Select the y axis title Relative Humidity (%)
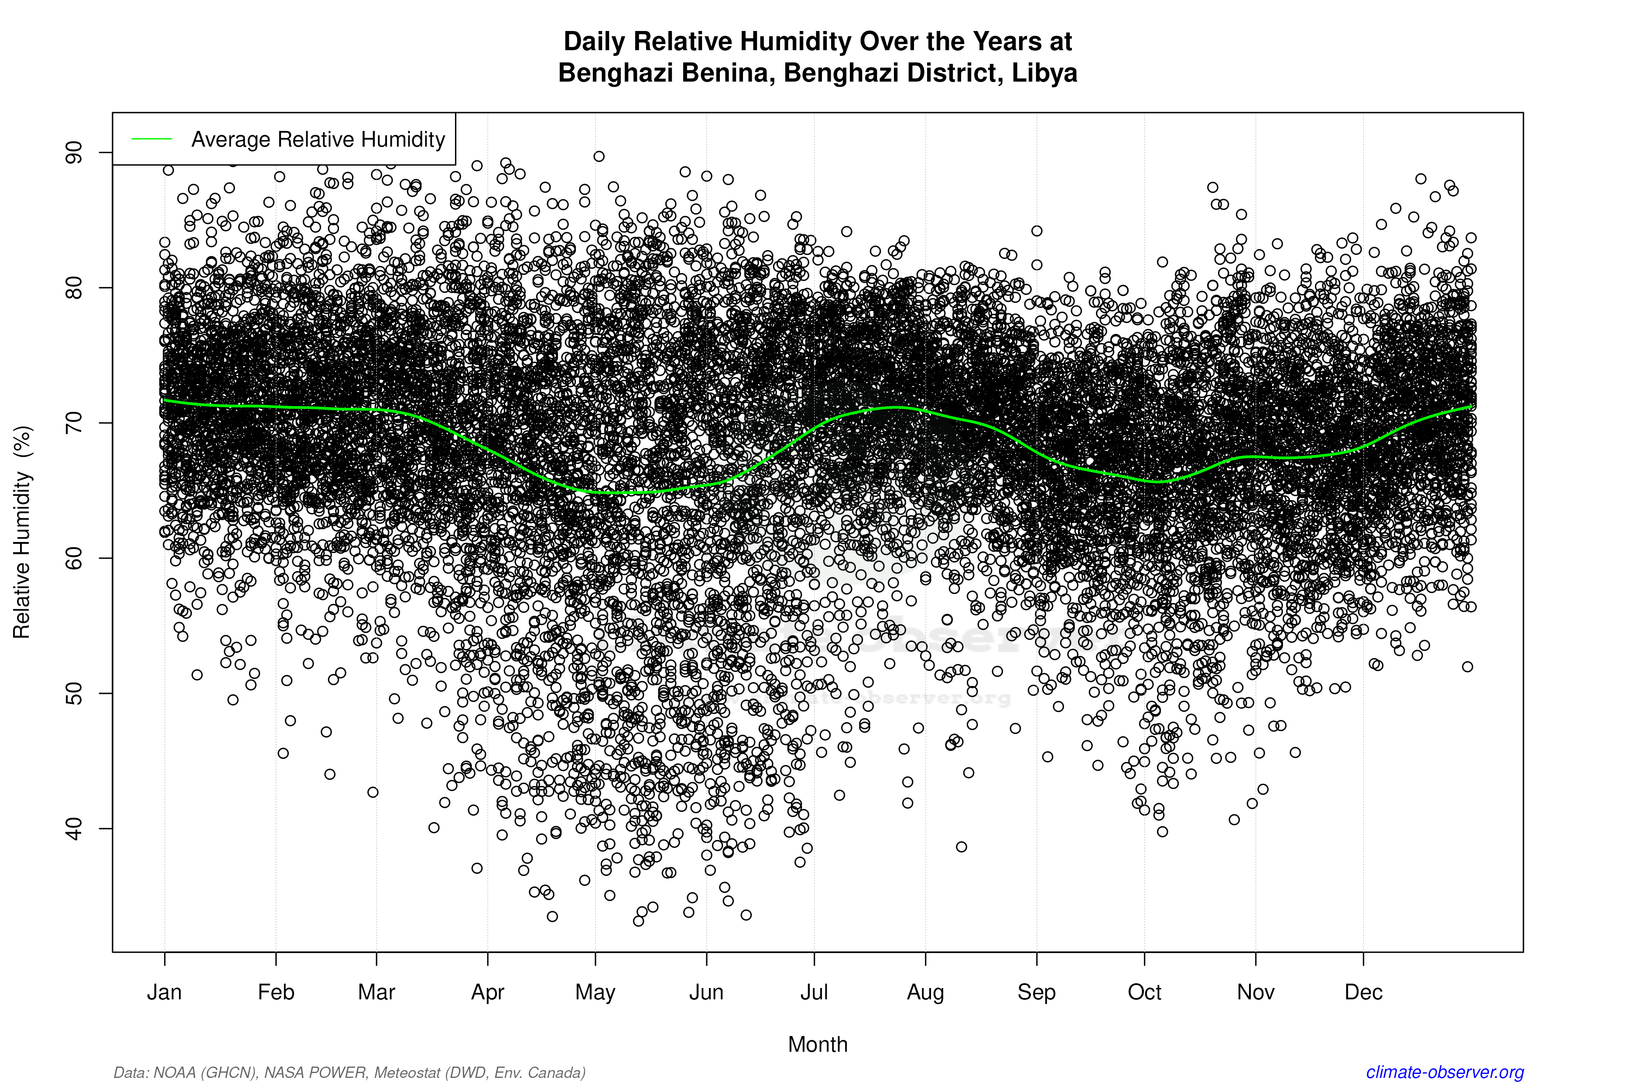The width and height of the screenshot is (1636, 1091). tap(22, 532)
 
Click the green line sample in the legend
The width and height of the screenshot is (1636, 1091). tap(152, 139)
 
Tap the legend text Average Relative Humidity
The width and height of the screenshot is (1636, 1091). tap(318, 139)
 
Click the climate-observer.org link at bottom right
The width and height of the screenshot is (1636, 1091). tap(1445, 1072)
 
